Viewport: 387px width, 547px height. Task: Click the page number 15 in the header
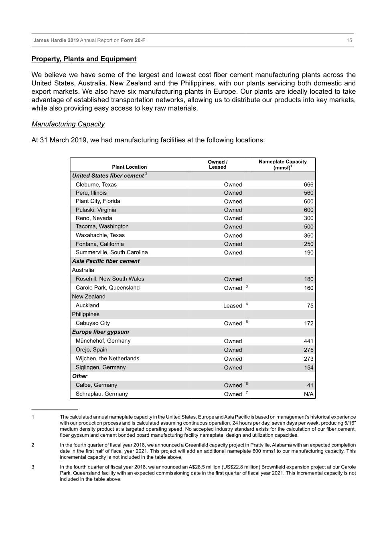[349, 40]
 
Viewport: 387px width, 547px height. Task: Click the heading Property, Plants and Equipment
[84, 59]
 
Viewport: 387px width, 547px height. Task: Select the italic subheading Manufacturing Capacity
[68, 124]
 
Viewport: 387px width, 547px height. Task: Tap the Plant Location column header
[129, 167]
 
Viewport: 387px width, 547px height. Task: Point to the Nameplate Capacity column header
[282, 164]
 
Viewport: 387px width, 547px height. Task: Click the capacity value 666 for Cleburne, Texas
[308, 185]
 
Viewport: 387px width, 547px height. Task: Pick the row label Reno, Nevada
[94, 218]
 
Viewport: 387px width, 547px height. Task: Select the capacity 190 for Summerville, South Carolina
[308, 253]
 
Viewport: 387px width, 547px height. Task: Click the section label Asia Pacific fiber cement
[105, 261]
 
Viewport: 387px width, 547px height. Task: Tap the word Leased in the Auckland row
[233, 306]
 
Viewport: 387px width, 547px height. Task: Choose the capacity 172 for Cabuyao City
[308, 323]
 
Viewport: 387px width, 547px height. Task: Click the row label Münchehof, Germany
[103, 341]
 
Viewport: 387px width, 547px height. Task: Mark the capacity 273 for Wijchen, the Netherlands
[308, 359]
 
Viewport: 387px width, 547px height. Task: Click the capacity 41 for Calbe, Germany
[310, 386]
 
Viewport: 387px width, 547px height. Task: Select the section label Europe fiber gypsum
[100, 332]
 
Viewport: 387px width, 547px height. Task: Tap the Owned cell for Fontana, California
[233, 244]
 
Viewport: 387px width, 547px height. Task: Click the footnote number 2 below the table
[33, 445]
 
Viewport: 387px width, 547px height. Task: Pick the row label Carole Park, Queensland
[107, 288]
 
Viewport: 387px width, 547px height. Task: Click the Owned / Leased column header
[217, 164]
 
